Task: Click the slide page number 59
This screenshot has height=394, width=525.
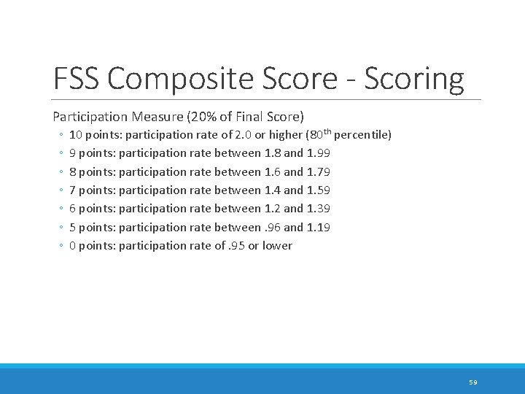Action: tap(472, 382)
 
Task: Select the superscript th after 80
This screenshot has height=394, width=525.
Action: tap(325, 132)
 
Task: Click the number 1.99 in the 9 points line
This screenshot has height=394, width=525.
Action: tap(319, 153)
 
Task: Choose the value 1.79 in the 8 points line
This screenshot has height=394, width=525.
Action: tap(319, 172)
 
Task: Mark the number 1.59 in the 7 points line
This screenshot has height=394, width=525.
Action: tap(319, 190)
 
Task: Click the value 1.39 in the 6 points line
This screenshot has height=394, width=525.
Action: tap(319, 209)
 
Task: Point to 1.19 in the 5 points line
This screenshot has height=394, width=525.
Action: tap(319, 228)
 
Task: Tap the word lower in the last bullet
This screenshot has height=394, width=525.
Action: tap(277, 246)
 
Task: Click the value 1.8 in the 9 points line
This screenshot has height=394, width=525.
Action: tap(273, 153)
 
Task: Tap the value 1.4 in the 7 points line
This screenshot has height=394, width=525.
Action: tap(273, 190)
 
